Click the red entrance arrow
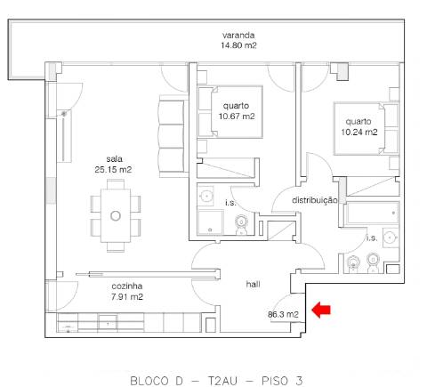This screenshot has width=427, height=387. tap(321, 310)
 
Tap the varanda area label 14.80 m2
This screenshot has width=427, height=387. tap(239, 44)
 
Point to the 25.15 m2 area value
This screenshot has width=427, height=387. tap(113, 169)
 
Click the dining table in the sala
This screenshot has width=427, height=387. tap(115, 214)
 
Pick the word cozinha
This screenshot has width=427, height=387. tap(126, 286)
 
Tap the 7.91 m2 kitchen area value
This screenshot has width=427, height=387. tap(126, 297)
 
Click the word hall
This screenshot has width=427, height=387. tap(253, 284)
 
